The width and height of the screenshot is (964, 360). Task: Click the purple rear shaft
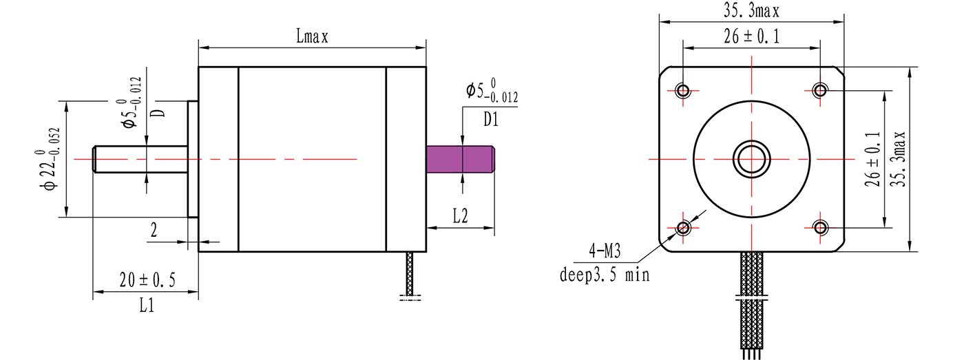point(461,159)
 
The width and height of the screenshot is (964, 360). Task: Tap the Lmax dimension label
point(312,38)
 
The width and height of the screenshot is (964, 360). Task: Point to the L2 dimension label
point(460,216)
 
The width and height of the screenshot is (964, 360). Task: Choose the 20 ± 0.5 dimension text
point(147,280)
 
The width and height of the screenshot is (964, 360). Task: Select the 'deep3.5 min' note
point(604,276)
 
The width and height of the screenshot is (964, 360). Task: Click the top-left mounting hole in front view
point(683,90)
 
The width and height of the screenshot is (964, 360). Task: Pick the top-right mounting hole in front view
point(820,90)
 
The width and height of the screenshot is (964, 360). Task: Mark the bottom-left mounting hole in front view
point(683,227)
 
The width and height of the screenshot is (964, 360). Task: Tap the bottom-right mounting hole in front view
point(820,227)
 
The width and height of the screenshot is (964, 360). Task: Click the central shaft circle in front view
point(751,159)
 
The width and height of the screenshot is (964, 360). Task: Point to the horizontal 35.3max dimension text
point(751,11)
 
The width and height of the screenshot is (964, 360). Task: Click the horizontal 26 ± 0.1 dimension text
point(751,38)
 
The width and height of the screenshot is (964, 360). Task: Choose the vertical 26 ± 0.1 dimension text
point(873,158)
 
